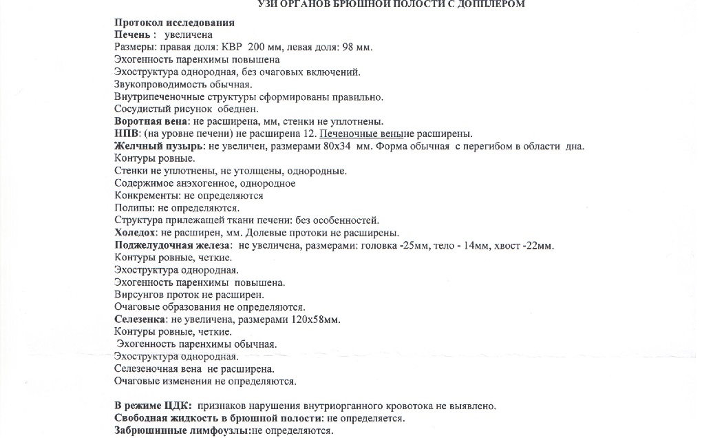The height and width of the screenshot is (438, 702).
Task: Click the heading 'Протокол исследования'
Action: [x=174, y=23]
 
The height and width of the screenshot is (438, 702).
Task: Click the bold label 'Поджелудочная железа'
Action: [x=173, y=246]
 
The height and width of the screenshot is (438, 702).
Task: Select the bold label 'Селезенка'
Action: [x=139, y=320]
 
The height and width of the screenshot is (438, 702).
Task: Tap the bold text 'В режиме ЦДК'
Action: [x=151, y=406]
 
